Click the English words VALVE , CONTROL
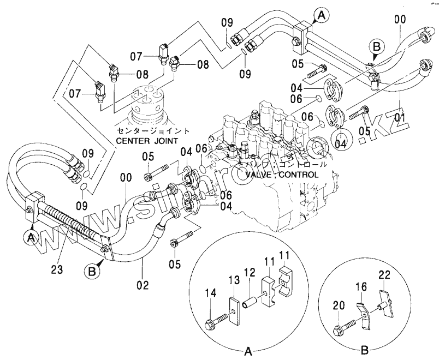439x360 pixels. [x=282, y=175]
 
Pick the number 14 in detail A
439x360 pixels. [x=210, y=293]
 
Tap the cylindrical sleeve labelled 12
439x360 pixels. [x=252, y=301]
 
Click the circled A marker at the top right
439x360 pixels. [x=322, y=16]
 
